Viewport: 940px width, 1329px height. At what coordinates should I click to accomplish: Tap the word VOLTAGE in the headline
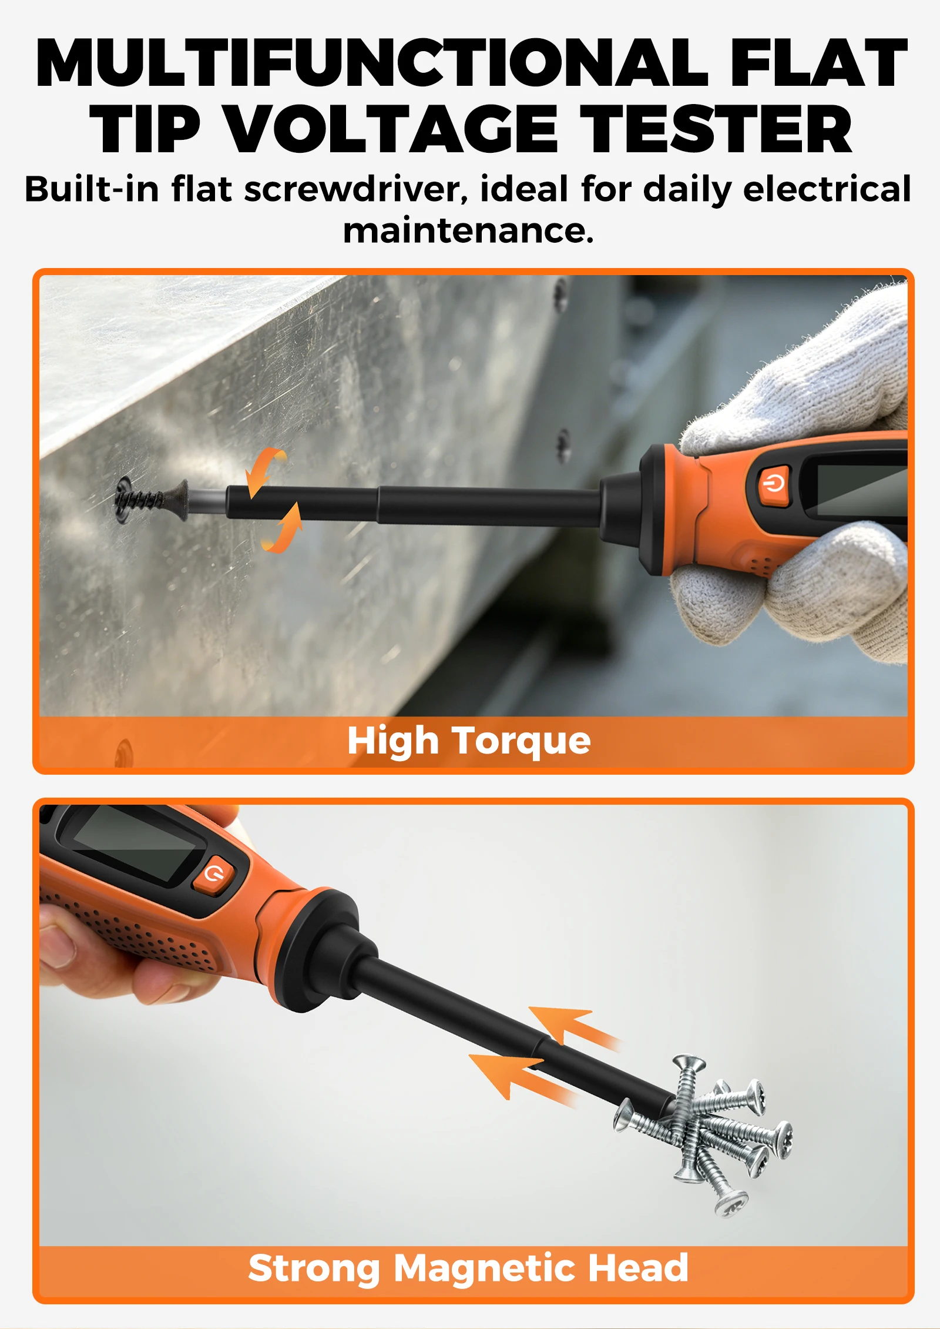391,129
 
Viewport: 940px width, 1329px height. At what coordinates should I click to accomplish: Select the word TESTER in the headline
716,129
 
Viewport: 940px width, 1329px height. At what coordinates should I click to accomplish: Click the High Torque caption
469,740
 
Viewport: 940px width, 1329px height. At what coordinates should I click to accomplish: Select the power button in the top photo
773,485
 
